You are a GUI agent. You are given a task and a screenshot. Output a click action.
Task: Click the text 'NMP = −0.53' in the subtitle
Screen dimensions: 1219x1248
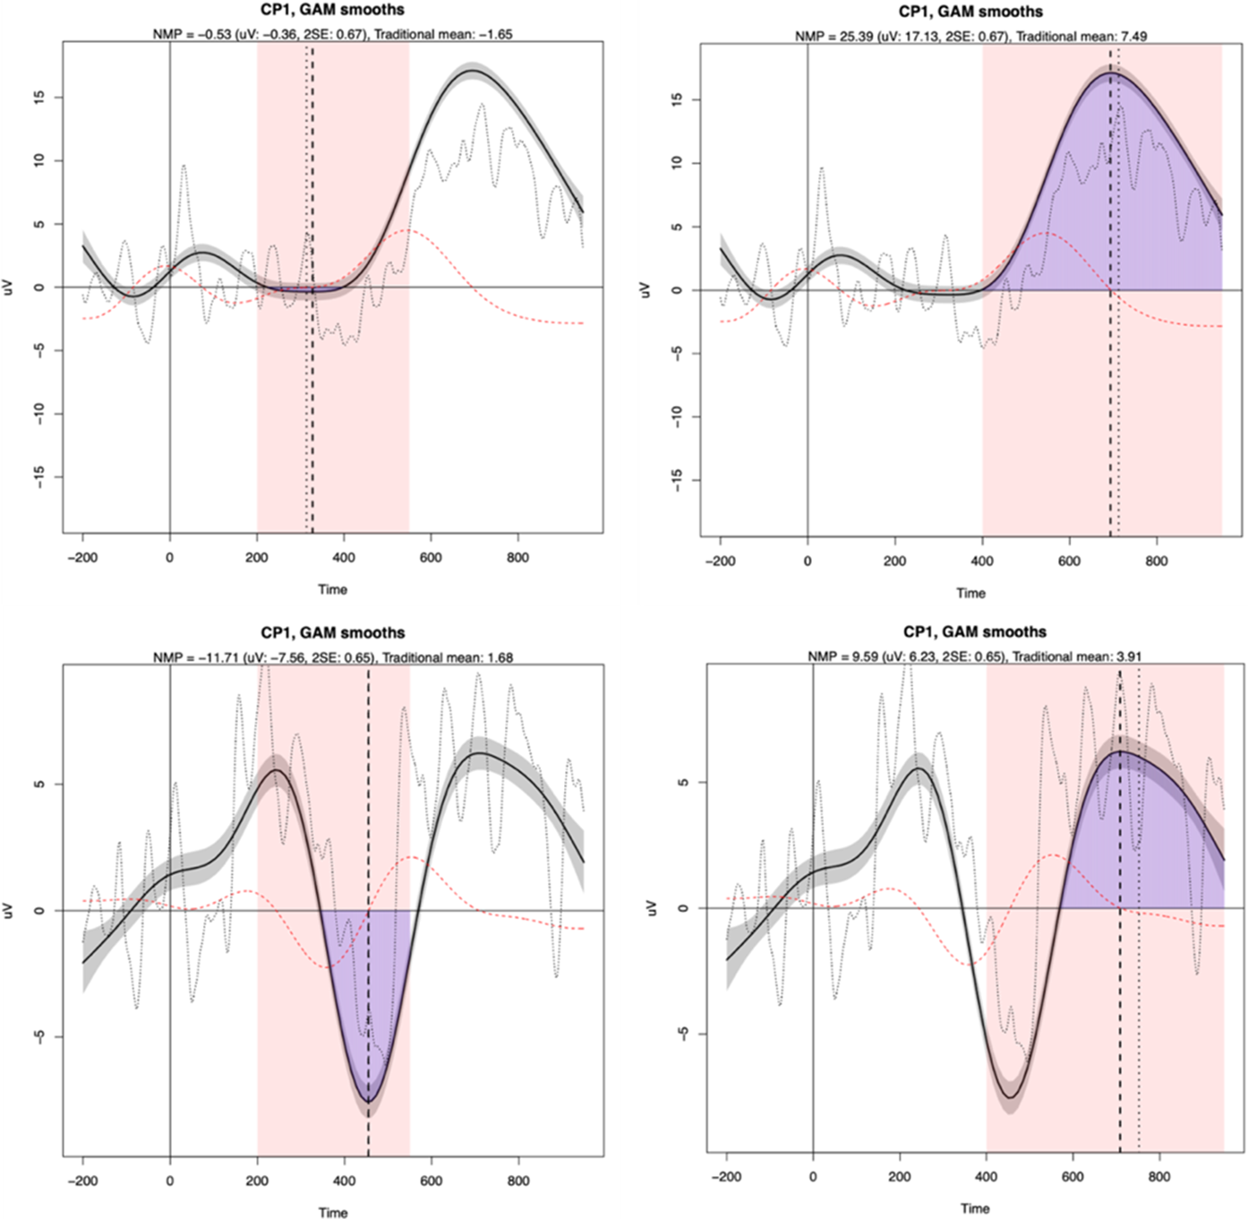pos(189,34)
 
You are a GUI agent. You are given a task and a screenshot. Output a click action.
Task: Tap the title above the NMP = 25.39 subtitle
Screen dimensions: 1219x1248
pos(970,12)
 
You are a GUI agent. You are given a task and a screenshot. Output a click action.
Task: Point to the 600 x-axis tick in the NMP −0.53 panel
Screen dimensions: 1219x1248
pos(431,557)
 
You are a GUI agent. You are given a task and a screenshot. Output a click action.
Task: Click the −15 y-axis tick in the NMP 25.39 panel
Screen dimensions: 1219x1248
pos(679,480)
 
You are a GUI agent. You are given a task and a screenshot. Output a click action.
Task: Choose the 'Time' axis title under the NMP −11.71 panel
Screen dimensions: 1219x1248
pos(332,1213)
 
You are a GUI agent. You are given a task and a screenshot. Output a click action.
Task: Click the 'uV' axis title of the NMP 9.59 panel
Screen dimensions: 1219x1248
pos(652,907)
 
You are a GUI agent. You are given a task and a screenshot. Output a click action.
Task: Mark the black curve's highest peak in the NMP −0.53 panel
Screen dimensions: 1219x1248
pos(472,70)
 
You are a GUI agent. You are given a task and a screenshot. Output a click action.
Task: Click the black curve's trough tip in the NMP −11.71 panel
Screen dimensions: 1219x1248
pos(368,1100)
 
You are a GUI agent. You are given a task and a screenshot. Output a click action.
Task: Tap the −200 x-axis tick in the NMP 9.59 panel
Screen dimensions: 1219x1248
pos(726,1177)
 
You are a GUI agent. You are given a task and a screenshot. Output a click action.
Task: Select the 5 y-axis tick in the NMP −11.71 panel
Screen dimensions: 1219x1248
pos(38,784)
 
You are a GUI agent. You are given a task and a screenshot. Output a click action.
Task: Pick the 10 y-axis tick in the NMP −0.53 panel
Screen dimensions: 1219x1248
pos(38,160)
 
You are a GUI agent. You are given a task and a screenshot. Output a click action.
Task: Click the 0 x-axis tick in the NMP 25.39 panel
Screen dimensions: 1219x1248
pos(808,561)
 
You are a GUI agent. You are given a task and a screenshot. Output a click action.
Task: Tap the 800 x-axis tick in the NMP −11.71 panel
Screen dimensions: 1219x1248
pos(517,1180)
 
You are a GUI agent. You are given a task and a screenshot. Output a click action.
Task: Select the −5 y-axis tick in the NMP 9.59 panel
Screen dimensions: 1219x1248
pos(681,1034)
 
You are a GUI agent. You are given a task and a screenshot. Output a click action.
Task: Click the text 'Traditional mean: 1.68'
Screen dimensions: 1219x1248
pos(446,657)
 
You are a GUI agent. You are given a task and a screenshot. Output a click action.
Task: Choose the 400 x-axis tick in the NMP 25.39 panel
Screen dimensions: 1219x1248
pos(982,561)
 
